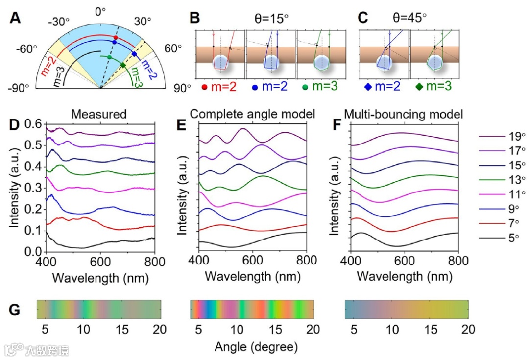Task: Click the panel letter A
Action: tap(15, 18)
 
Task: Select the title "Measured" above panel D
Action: tap(99, 114)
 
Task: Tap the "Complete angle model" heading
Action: tap(252, 114)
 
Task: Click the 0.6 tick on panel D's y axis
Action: tap(33, 124)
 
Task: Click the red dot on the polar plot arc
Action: tap(116, 38)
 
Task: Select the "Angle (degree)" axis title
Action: tap(256, 347)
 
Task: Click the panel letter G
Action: tap(16, 309)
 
